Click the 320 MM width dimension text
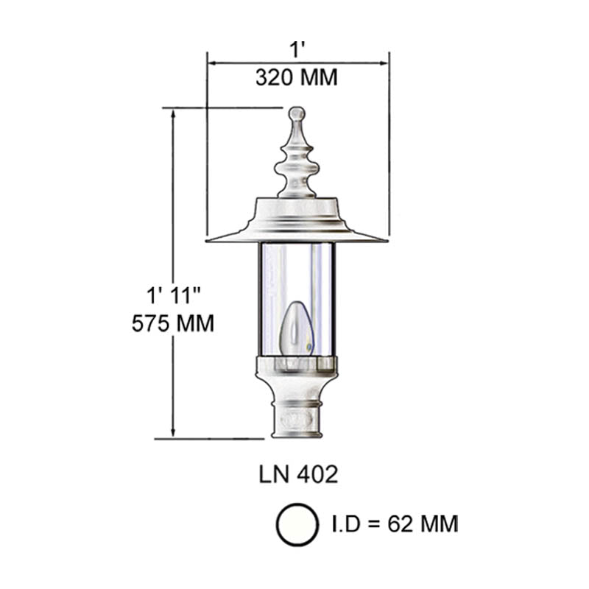297,77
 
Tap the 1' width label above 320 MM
297,49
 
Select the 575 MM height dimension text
173,322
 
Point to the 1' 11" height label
173,297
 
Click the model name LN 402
298,475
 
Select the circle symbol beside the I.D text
297,524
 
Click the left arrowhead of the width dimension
211,63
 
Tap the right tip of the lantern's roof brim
385,239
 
